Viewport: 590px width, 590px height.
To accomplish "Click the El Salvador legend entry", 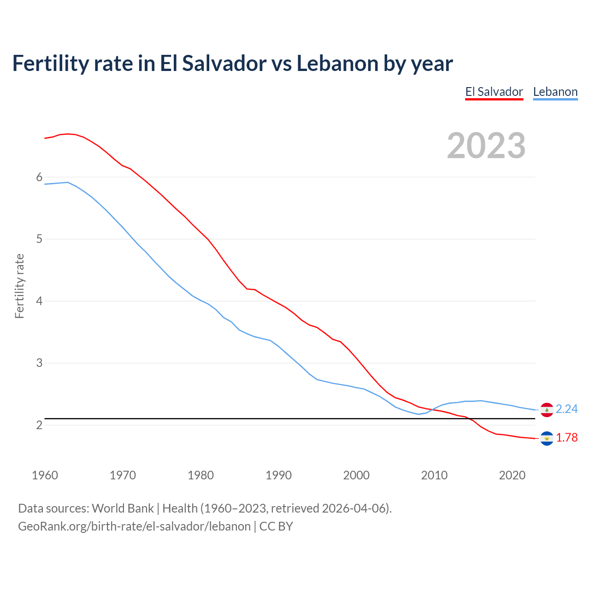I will (494, 92).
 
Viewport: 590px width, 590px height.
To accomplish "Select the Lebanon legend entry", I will (555, 92).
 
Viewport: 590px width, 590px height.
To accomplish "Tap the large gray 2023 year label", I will (486, 146).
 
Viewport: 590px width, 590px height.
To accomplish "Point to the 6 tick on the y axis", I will (39, 177).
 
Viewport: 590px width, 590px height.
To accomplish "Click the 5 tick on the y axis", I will (39, 239).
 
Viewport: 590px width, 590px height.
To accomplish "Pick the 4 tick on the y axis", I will (39, 301).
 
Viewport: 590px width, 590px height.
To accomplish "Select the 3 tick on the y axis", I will (39, 363).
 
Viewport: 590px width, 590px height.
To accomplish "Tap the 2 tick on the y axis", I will (39, 425).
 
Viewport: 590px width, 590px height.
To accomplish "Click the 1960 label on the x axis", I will (45, 475).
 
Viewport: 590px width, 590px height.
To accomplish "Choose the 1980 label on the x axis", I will (201, 475).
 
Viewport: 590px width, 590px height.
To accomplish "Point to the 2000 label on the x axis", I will (356, 475).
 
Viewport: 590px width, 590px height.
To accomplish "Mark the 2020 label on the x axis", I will (512, 475).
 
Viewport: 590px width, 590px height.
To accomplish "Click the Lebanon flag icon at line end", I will (547, 409).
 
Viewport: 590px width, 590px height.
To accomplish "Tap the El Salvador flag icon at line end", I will (547, 438).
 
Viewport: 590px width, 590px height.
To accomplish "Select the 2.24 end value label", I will (566, 409).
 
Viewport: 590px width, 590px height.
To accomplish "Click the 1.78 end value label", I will (566, 438).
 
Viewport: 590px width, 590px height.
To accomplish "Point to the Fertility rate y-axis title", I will (19, 286).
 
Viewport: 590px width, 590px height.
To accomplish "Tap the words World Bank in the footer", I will (123, 508).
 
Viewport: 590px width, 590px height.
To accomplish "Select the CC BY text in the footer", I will (276, 526).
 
